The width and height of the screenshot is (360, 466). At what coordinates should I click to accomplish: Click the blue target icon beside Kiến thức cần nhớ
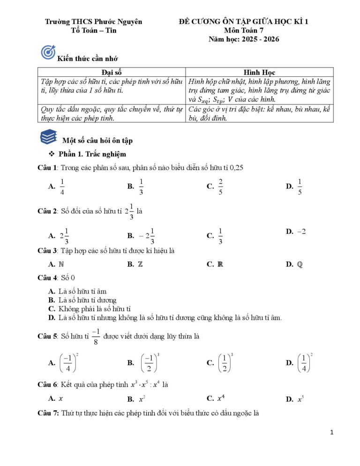tap(48, 52)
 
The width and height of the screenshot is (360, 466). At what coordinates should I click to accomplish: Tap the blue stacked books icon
tap(48, 137)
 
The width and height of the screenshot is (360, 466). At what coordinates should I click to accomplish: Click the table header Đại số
tap(111, 72)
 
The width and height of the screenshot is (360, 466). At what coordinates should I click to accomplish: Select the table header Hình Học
tap(259, 72)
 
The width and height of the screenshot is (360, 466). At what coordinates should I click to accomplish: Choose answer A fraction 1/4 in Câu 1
tap(62, 187)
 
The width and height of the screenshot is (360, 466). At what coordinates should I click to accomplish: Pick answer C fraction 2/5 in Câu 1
tap(220, 187)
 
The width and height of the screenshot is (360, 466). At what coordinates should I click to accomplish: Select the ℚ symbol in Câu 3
tap(300, 264)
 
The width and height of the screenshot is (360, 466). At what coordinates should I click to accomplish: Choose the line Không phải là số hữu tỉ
tap(94, 309)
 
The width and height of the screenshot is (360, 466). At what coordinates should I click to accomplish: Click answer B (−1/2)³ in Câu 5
tap(149, 363)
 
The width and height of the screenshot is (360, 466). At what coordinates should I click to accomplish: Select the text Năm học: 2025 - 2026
tap(244, 39)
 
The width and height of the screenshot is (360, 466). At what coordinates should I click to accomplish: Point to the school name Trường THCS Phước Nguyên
tap(93, 22)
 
